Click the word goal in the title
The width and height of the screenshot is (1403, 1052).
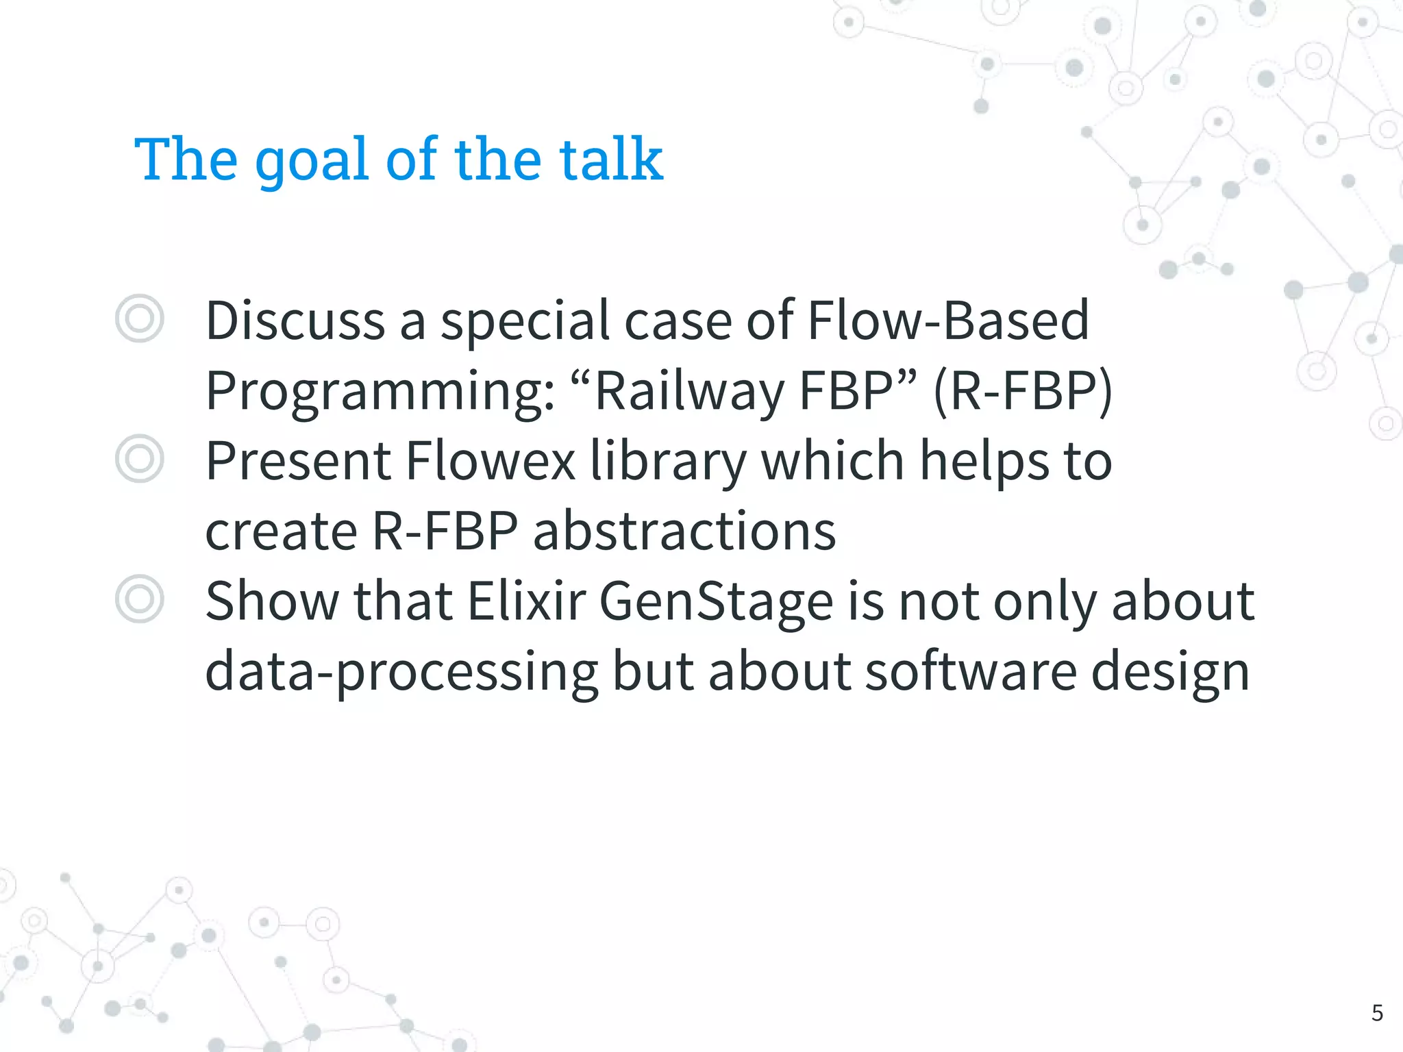pos(312,161)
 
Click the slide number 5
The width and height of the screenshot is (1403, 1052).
pos(1377,1013)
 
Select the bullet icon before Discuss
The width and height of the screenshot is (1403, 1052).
pos(140,318)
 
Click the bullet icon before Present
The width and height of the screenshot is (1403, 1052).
pos(140,458)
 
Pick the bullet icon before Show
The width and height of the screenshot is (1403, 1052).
pos(140,599)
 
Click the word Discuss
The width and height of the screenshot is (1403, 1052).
pos(295,320)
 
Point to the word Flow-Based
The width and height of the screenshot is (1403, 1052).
pos(948,320)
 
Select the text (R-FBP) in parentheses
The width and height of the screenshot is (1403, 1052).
pos(1023,390)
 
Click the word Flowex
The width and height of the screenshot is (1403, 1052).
pos(491,460)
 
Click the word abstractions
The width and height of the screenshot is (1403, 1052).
pos(684,531)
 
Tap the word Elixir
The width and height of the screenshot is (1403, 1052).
pos(526,601)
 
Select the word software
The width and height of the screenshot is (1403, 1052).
pos(971,671)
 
